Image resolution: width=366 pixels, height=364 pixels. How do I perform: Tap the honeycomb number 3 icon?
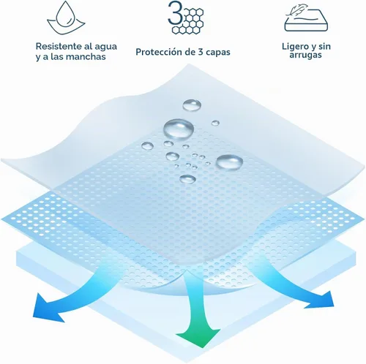coord(186,17)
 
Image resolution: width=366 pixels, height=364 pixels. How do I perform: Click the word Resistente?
coord(59,46)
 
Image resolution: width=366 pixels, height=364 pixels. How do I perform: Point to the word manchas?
coord(86,57)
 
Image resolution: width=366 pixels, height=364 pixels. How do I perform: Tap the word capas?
coord(217,53)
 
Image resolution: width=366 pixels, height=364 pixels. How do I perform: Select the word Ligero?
coord(295,47)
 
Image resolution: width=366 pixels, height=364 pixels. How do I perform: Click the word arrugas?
coord(305,55)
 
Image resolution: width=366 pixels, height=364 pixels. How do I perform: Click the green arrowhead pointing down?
coord(198,335)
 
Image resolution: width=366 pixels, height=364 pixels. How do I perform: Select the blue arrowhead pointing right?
coord(321,300)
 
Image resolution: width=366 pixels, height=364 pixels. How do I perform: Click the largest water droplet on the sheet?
coord(179,129)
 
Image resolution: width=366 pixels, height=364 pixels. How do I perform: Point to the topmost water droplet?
coord(192,105)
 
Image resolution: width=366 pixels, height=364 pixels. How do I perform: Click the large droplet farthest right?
coord(229,162)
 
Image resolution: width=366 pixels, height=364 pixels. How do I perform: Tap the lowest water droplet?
coord(187,179)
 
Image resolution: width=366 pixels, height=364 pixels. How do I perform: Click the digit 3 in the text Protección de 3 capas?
coord(200,52)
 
